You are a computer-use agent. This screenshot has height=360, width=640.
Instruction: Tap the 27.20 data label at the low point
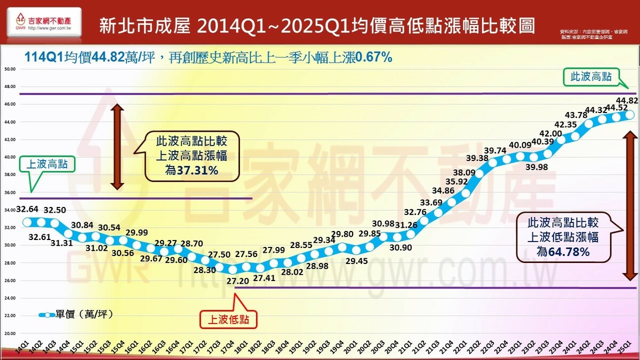click(x=233, y=280)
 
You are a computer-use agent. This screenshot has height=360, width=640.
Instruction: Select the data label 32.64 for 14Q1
click(x=27, y=208)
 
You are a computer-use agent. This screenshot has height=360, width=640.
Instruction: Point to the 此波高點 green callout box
click(x=591, y=77)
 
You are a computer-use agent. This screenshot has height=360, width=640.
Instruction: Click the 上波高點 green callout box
click(x=47, y=165)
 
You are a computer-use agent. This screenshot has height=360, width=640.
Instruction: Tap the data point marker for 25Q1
click(x=629, y=115)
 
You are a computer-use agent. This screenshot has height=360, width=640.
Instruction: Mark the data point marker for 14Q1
click(x=27, y=222)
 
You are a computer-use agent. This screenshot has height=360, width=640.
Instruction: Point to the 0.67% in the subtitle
click(x=374, y=57)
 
